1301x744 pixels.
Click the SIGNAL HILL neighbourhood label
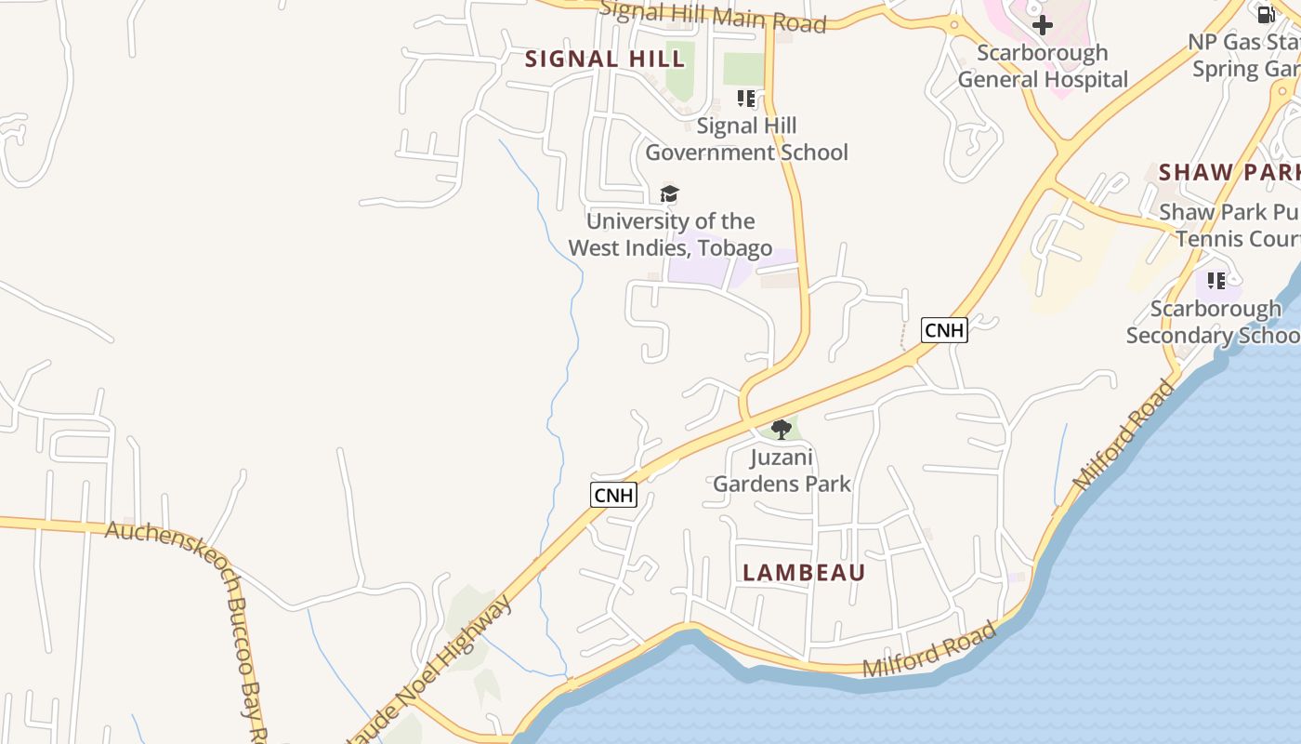[605, 60]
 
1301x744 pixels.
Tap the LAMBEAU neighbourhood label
[804, 573]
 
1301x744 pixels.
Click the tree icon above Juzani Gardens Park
[782, 429]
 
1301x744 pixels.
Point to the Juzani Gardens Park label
[782, 471]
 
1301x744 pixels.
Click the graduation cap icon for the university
[669, 193]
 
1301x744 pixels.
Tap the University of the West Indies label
[670, 234]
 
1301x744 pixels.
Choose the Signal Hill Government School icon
[746, 98]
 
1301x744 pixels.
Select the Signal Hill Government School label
[746, 139]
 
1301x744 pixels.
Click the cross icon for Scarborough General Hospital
[1043, 25]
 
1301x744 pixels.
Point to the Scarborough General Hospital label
[1043, 66]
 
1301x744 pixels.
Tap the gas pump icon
[1266, 14]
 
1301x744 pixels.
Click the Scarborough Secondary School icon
[1216, 280]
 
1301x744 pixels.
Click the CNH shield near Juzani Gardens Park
[613, 495]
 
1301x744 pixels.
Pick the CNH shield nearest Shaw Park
[944, 330]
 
